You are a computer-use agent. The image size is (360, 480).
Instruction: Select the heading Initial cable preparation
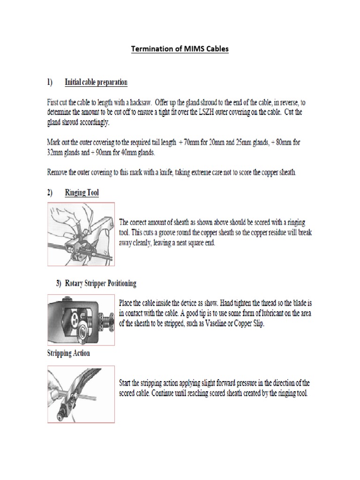point(96,82)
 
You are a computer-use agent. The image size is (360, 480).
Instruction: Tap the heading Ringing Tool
point(82,193)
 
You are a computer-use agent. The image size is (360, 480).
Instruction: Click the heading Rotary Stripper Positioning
point(100,283)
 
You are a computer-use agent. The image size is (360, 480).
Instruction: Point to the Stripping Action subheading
point(68,353)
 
